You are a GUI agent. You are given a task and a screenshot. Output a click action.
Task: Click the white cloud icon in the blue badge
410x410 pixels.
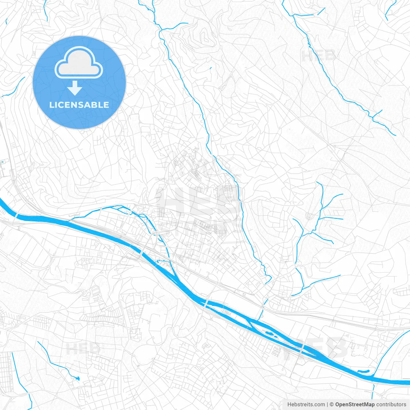pos(79,63)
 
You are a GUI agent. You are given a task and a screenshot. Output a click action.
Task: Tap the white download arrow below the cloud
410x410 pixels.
pos(75,88)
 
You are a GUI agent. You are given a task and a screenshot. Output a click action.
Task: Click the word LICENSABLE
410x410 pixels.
pos(79,105)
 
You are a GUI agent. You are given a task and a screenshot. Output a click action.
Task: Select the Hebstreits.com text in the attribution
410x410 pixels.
pos(306,405)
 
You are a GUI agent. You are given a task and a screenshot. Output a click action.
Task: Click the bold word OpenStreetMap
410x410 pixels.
pos(355,405)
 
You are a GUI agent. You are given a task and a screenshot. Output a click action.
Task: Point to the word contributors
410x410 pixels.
pos(391,405)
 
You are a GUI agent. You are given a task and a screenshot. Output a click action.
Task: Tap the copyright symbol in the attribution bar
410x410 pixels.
pos(332,405)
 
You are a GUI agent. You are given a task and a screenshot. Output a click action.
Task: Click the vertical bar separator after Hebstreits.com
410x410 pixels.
pos(327,405)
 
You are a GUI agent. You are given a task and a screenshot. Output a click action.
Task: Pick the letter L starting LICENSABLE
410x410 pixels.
pos(51,105)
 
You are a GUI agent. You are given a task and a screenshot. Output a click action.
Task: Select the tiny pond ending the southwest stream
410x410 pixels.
pos(77,378)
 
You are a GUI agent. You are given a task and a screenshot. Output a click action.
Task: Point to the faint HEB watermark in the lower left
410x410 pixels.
pos(82,348)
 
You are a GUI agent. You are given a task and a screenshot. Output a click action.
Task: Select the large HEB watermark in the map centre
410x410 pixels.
pos(199,205)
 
